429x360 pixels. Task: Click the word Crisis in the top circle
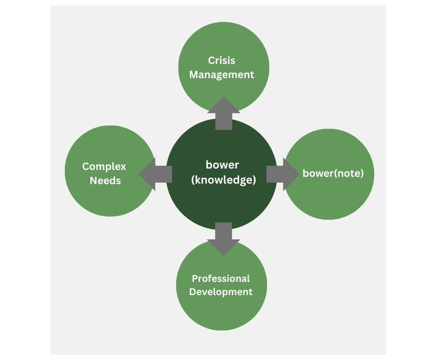[221, 60]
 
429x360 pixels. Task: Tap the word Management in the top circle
[221, 74]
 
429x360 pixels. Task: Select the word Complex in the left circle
[104, 166]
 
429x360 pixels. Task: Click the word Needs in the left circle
[105, 180]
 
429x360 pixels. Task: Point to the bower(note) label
[333, 174]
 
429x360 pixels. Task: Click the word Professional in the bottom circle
[221, 278]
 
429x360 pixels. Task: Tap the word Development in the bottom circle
[221, 292]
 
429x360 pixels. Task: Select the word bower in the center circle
[222, 164]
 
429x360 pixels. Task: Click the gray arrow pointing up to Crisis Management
[224, 114]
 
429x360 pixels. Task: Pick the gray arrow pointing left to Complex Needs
[155, 174]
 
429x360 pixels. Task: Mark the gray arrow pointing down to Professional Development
[224, 238]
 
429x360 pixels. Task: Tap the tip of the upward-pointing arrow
[224, 97]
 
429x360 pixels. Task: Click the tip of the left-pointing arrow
[139, 174]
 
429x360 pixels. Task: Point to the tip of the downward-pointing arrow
[224, 255]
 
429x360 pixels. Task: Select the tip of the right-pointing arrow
[299, 174]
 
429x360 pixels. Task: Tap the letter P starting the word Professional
[194, 278]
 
